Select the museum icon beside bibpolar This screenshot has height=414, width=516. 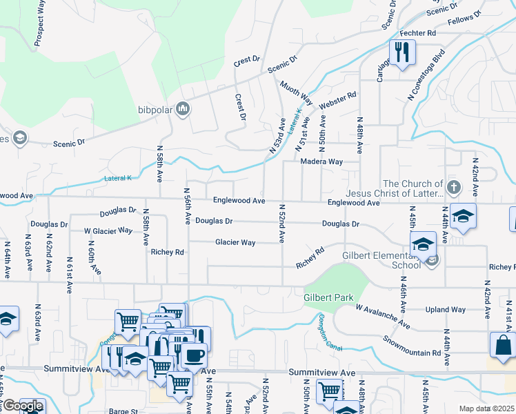click(x=183, y=108)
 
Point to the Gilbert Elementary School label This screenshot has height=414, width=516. click(x=381, y=260)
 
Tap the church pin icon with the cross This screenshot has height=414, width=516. click(x=453, y=186)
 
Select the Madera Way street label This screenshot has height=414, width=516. click(x=321, y=161)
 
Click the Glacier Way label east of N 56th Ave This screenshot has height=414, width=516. click(x=235, y=242)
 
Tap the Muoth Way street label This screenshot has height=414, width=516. click(x=297, y=92)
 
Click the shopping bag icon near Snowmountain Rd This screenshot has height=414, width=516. click(x=502, y=344)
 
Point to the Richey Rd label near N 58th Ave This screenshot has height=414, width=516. click(x=168, y=253)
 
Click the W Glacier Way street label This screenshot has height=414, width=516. click(x=108, y=230)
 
